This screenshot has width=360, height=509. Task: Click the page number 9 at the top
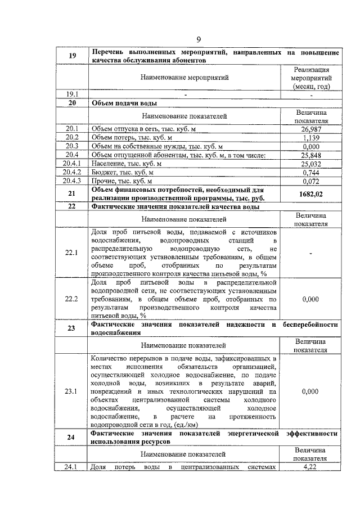tap(199, 39)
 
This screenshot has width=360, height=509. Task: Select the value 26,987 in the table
tap(310, 129)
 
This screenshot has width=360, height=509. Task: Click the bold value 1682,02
tap(310, 193)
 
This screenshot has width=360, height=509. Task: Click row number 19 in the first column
tap(72, 55)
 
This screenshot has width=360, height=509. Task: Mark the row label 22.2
tap(72, 299)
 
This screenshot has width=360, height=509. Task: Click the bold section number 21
tap(72, 193)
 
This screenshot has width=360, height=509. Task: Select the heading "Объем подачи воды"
tap(124, 103)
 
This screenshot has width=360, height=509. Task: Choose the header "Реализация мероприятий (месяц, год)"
tap(310, 78)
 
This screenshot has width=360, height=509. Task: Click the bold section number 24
tap(72, 438)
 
